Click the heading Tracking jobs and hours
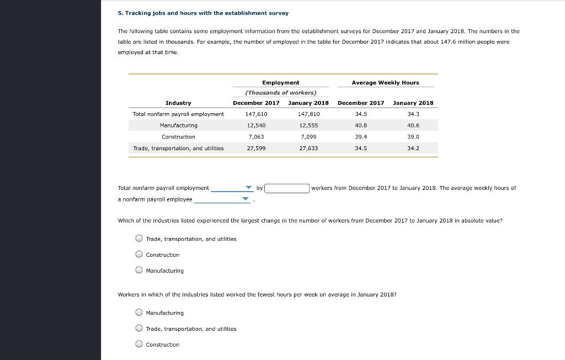(203, 13)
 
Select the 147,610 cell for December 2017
(256, 114)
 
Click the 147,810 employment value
(308, 114)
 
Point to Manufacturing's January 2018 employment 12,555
(308, 125)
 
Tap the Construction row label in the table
(178, 137)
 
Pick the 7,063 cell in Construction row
(256, 137)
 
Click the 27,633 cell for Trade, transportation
(308, 149)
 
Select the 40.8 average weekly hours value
(361, 125)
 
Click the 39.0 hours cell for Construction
(413, 137)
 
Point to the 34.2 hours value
(413, 149)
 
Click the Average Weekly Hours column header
(385, 83)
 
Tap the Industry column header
(178, 103)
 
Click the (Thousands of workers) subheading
(280, 93)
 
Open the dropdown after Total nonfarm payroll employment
(231, 188)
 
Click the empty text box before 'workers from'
(286, 188)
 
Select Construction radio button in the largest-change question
(139, 255)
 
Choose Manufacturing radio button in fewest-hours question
(139, 313)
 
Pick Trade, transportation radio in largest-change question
(139, 239)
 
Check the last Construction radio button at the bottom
(139, 345)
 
